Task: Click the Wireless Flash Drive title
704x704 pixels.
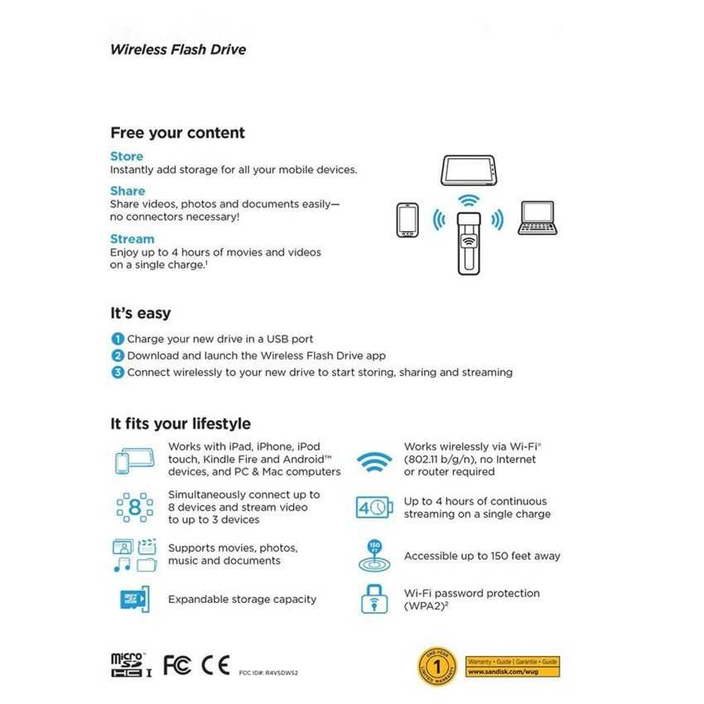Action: pyautogui.click(x=177, y=49)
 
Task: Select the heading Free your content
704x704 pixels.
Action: pyautogui.click(x=177, y=133)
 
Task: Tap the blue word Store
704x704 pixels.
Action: pyautogui.click(x=127, y=156)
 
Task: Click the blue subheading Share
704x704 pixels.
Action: pyautogui.click(x=128, y=190)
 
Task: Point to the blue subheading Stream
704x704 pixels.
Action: pyautogui.click(x=133, y=239)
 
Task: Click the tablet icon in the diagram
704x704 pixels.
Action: pyautogui.click(x=470, y=170)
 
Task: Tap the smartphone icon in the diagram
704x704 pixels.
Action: pyautogui.click(x=407, y=219)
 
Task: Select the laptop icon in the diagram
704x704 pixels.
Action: pyautogui.click(x=536, y=217)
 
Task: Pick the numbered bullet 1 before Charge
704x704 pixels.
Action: pyautogui.click(x=118, y=339)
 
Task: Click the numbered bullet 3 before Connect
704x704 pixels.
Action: pyautogui.click(x=118, y=372)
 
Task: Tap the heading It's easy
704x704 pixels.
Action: pyautogui.click(x=141, y=313)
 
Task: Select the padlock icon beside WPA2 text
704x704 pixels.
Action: pyautogui.click(x=374, y=599)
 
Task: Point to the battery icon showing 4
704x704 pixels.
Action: pyautogui.click(x=374, y=507)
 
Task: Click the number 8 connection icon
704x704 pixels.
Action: pyautogui.click(x=134, y=507)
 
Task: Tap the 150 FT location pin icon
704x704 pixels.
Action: pyautogui.click(x=374, y=554)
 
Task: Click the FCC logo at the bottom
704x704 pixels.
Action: pyautogui.click(x=176, y=664)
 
